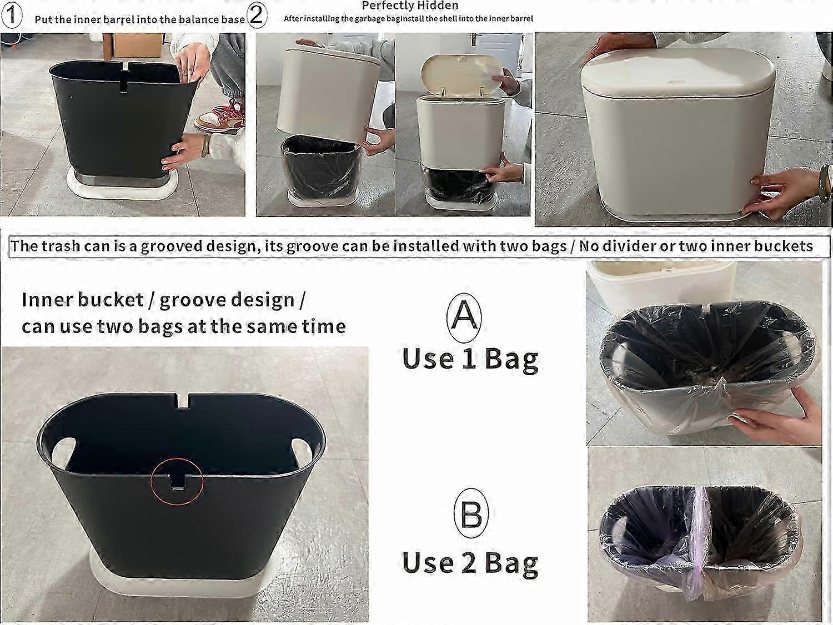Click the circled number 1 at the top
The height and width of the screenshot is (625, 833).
click(x=12, y=16)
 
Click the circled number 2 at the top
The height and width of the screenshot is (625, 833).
click(x=257, y=16)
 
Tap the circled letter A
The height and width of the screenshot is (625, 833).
click(x=464, y=317)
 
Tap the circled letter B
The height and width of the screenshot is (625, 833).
click(x=471, y=512)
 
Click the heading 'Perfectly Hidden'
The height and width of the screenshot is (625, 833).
click(x=410, y=6)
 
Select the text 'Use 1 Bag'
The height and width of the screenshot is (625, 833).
click(x=470, y=359)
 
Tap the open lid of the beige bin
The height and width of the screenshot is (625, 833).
click(x=462, y=74)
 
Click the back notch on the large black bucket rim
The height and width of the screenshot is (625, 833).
click(x=182, y=401)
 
